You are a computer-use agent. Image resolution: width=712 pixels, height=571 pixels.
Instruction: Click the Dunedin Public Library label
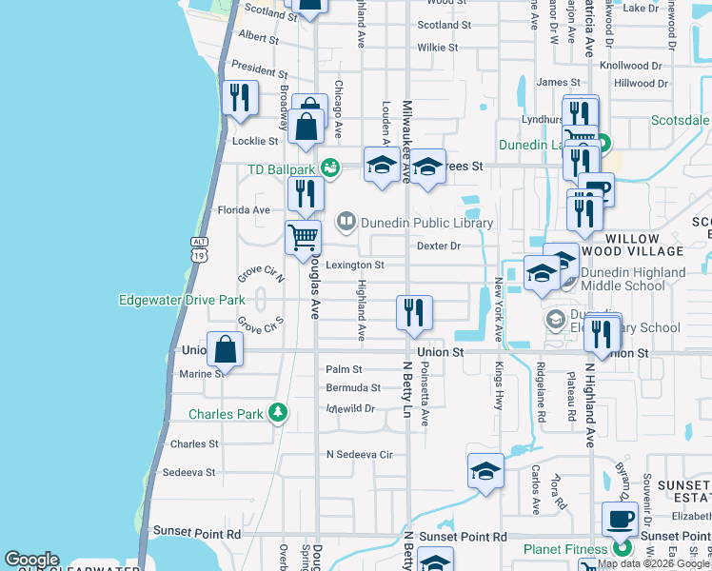point(426,224)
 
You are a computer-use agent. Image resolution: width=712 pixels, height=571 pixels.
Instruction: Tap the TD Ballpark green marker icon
point(330,168)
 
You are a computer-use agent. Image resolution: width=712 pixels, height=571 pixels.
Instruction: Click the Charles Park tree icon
point(277,413)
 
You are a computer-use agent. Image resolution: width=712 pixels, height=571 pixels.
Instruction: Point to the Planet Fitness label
point(565,549)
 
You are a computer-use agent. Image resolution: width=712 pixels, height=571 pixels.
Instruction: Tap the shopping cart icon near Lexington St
point(304,238)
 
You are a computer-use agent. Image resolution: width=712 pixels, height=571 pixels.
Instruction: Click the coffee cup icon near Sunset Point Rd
point(620,520)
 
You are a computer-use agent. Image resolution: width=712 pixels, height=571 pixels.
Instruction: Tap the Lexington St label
point(355,266)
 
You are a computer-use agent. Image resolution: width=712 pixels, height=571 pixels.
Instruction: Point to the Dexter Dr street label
point(438,246)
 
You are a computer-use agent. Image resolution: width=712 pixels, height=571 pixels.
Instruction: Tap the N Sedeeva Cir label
point(359,455)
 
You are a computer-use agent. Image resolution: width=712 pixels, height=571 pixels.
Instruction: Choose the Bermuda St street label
point(353,388)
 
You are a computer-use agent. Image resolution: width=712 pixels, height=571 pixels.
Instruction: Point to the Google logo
point(31,560)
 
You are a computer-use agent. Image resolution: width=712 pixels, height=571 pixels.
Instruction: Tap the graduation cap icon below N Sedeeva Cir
point(485,471)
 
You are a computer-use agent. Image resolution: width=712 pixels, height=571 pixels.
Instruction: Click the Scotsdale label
point(680,121)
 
